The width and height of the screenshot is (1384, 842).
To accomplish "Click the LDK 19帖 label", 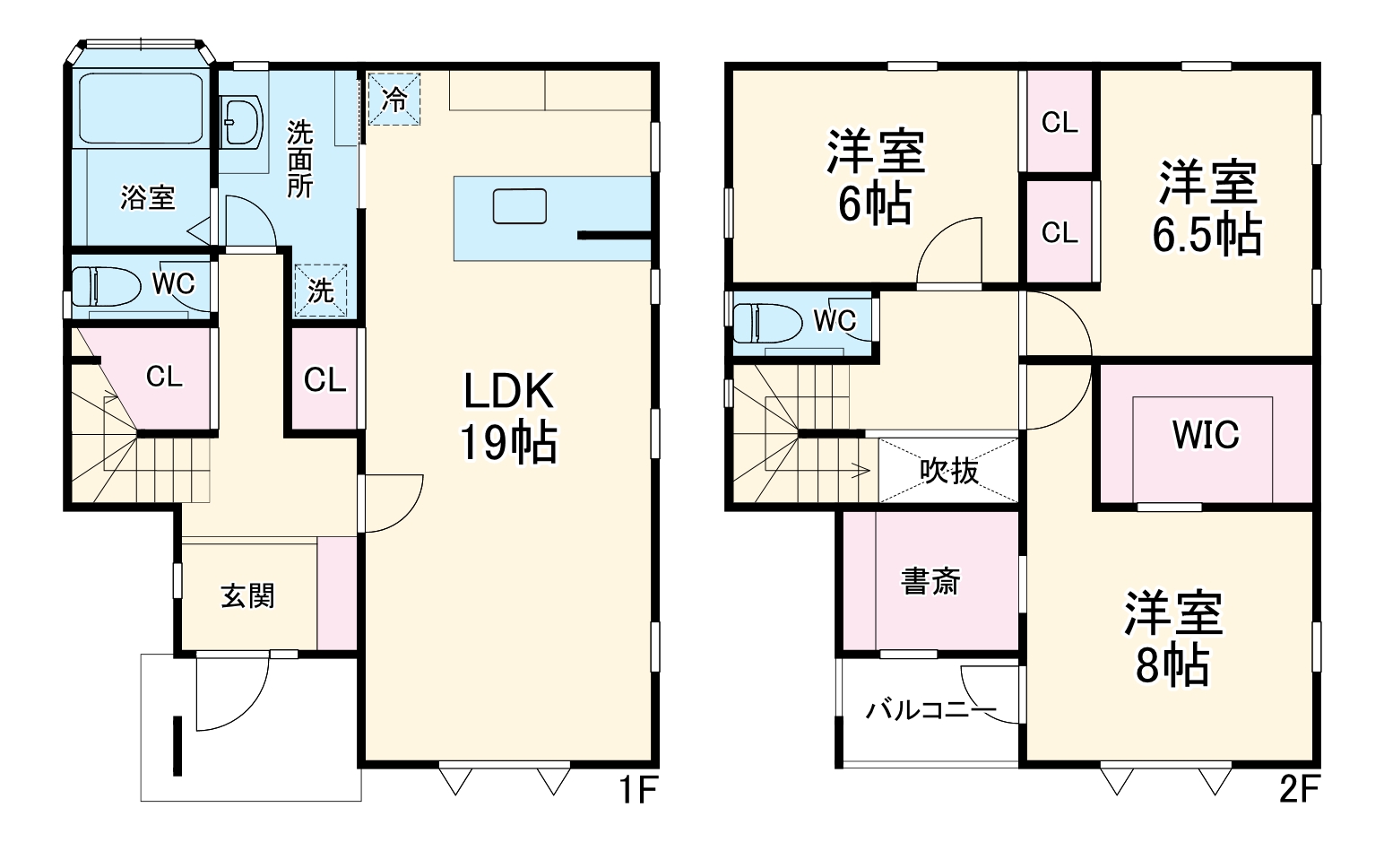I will pyautogui.click(x=508, y=416).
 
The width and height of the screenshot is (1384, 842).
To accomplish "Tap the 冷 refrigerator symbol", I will pyautogui.click(x=394, y=99).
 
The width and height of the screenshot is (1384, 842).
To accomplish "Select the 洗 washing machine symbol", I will pyautogui.click(x=321, y=291).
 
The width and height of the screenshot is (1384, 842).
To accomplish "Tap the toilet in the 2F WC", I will pyautogui.click(x=767, y=323).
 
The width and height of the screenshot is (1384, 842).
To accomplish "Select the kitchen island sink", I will pyautogui.click(x=519, y=206).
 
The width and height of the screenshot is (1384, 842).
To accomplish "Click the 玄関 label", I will pyautogui.click(x=247, y=595).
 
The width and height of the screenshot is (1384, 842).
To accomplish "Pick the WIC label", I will pyautogui.click(x=1205, y=435).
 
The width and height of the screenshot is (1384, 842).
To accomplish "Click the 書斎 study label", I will pyautogui.click(x=930, y=581).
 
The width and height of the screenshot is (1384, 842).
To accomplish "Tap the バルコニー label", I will pyautogui.click(x=930, y=711).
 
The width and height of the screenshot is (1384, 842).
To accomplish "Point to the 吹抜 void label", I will pyautogui.click(x=949, y=470).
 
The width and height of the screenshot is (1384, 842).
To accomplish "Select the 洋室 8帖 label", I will pyautogui.click(x=1173, y=638).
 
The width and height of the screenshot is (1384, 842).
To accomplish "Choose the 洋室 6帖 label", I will pyautogui.click(x=875, y=178).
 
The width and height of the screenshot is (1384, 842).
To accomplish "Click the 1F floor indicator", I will pyautogui.click(x=637, y=791).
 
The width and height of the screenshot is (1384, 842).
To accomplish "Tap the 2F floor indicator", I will pyautogui.click(x=1298, y=791).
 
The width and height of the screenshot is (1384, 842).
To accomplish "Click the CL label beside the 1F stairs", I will pyautogui.click(x=164, y=377).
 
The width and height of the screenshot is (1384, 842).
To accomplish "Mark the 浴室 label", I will pyautogui.click(x=148, y=197).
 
